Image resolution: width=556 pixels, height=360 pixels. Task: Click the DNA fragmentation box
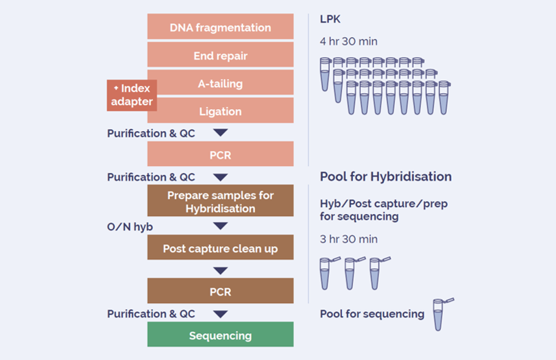click(220, 27)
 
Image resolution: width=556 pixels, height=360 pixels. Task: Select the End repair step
click(220, 56)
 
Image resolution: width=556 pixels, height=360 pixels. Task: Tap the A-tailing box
click(220, 84)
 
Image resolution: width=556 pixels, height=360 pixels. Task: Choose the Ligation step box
click(220, 111)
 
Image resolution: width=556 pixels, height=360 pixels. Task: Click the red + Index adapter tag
click(132, 95)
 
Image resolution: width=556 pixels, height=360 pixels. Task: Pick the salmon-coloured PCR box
click(220, 155)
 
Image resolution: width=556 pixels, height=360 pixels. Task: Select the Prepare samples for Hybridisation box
click(220, 202)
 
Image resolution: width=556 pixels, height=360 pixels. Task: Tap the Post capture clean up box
click(220, 248)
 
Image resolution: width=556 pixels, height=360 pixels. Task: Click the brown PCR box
click(220, 291)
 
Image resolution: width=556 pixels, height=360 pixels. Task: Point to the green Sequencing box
click(220, 335)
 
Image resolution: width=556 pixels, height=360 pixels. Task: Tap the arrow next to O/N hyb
click(220, 226)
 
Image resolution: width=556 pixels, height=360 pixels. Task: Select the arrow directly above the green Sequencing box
click(220, 314)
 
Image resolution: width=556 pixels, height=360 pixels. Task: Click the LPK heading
click(330, 19)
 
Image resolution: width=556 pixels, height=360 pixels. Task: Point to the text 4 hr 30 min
click(348, 41)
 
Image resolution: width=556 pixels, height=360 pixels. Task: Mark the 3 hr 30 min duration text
click(348, 239)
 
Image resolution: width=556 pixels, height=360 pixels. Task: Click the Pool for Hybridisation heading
click(385, 177)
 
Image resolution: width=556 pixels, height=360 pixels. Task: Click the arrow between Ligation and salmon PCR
click(220, 133)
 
